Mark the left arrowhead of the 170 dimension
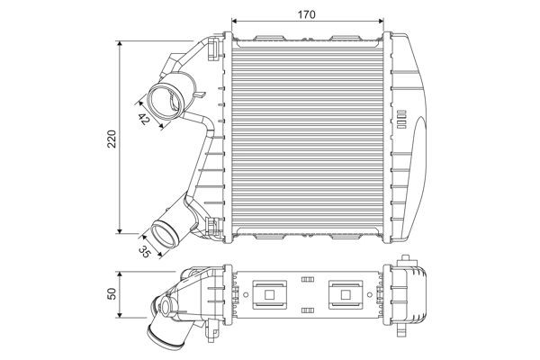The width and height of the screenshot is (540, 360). [235, 21]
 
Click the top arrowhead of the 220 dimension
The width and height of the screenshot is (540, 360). [121, 42]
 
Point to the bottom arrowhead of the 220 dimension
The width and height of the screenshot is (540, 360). [121, 231]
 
